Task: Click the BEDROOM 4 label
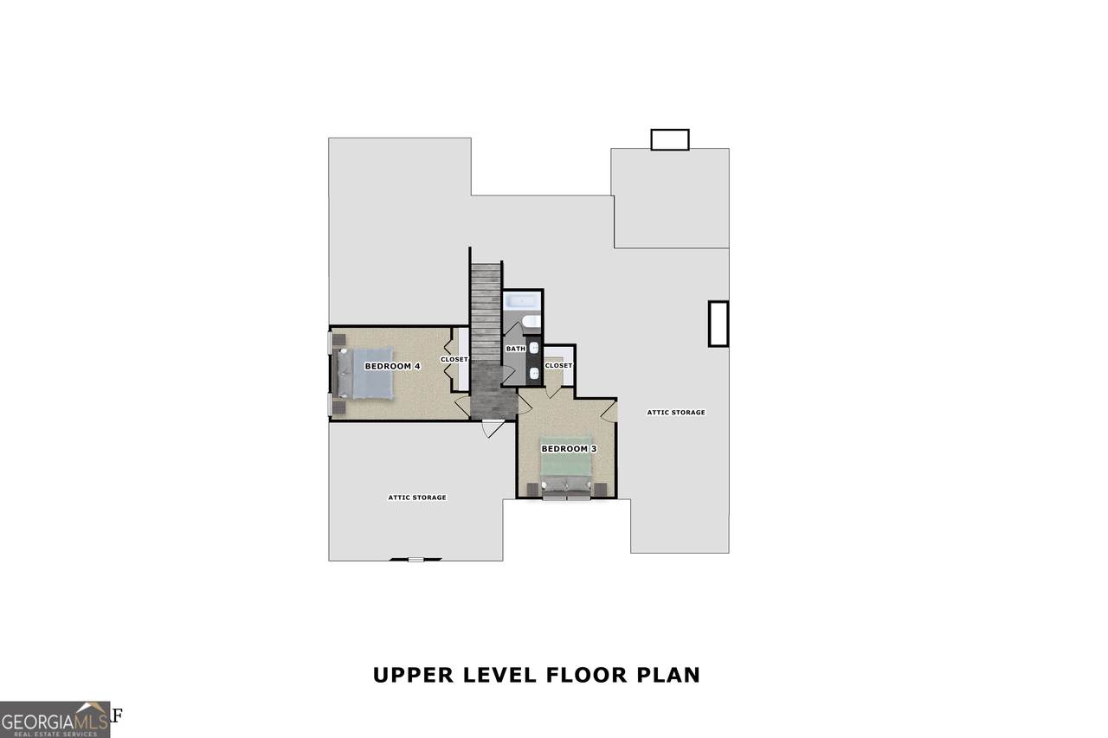[392, 366]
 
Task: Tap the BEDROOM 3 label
[569, 449]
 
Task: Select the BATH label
[515, 349]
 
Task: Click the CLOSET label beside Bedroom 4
[454, 359]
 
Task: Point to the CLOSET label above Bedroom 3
[558, 365]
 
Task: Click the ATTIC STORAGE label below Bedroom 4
[417, 497]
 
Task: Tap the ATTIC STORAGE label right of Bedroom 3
[676, 412]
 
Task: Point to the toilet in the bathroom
[531, 322]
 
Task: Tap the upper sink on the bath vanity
[534, 349]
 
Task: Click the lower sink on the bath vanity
[534, 373]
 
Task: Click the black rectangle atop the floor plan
[670, 140]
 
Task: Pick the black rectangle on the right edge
[718, 324]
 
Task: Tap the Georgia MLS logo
[55, 720]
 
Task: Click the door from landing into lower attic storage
[493, 428]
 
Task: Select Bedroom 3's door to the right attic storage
[609, 411]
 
